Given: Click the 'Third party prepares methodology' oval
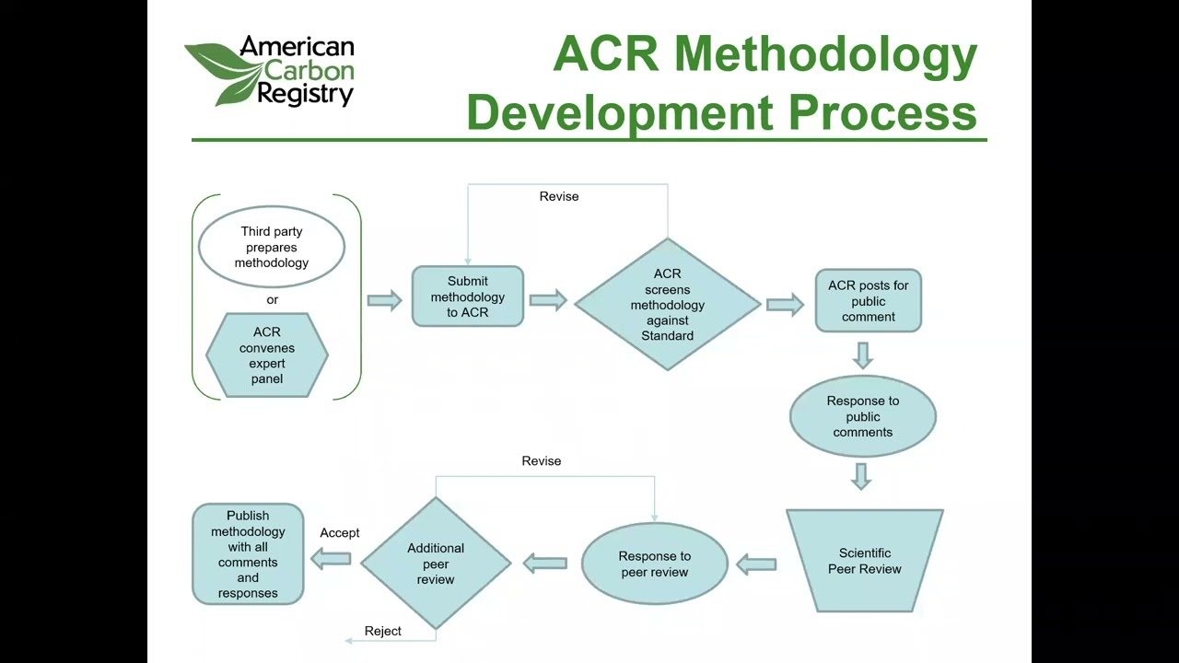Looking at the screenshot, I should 272,247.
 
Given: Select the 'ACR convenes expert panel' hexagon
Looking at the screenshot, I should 267,355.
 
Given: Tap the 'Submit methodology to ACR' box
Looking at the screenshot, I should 468,297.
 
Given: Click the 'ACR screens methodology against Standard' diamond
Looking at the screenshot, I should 667,304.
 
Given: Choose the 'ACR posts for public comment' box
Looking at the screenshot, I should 868,300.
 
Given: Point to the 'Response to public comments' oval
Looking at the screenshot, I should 863,416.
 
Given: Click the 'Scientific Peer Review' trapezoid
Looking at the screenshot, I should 864,561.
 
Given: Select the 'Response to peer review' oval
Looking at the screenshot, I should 655,564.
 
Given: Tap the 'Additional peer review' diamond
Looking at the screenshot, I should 436,564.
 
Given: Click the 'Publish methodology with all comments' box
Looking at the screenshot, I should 248,554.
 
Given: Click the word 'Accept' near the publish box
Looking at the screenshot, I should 340,533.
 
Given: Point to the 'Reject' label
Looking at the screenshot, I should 383,631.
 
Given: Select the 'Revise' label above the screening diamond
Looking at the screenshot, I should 559,196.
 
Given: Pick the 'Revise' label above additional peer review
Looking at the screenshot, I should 542,460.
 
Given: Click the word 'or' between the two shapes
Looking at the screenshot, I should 272,299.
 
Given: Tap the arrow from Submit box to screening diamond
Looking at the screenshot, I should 548,299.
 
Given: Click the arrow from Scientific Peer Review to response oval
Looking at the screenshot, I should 757,564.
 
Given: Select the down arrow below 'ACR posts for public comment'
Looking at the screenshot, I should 862,355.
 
